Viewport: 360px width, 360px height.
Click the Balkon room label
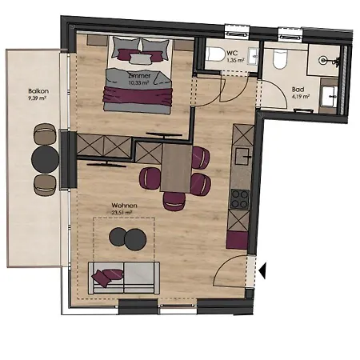tap(38, 92)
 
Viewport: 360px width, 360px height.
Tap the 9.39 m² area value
tap(38, 100)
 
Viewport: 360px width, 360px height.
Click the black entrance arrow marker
tap(262, 272)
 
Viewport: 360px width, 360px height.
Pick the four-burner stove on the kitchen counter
tap(239, 198)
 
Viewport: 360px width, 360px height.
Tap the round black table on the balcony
tap(45, 158)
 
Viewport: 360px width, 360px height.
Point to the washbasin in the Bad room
tap(330, 97)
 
